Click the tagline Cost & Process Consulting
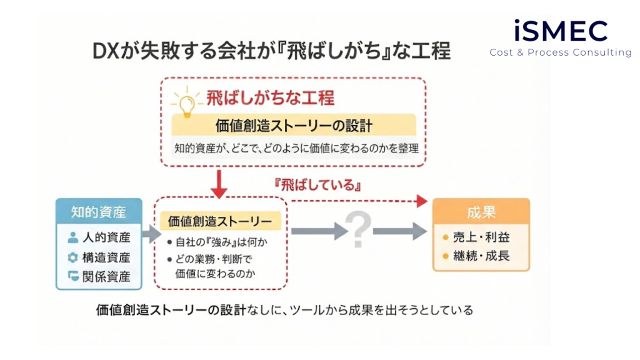[x=561, y=52]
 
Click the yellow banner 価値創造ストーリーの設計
[x=294, y=125]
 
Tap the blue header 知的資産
[x=99, y=212]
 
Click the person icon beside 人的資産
[x=73, y=237]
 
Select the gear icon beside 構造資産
[x=73, y=257]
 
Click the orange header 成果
[x=481, y=212]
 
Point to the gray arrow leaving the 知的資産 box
[x=151, y=234]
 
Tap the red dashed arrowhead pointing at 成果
[x=422, y=201]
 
